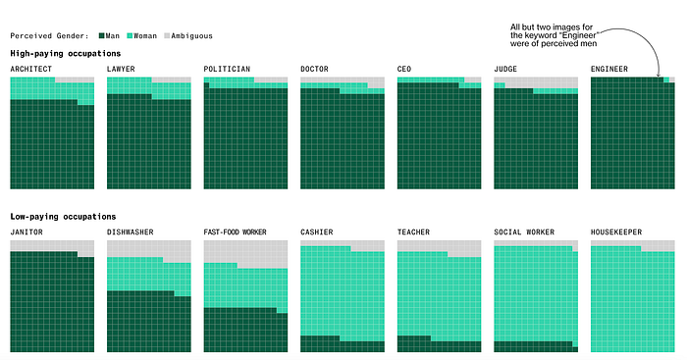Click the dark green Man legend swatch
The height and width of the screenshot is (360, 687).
pos(102,36)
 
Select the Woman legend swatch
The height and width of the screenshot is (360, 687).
pos(130,36)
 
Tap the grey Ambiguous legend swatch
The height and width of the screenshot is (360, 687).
pos(167,36)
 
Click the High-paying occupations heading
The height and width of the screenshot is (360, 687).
pos(66,53)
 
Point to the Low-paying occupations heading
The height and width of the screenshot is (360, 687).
pos(63,217)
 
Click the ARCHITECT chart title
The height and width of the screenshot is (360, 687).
pos(31,69)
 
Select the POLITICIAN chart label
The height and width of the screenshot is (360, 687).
pos(227,69)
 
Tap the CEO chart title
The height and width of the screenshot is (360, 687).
pos(404,69)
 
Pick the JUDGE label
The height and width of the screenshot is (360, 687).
pos(505,69)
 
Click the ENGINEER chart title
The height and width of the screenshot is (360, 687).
pos(609,69)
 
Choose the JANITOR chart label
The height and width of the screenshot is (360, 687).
pos(26,231)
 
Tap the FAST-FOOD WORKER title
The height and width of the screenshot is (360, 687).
pos(236,231)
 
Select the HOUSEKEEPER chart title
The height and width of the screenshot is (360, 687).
pos(616,231)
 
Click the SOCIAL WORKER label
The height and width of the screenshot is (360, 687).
pos(524,231)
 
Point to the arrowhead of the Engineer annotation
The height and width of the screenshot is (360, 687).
pos(659,76)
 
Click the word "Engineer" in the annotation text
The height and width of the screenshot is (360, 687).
pos(580,35)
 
